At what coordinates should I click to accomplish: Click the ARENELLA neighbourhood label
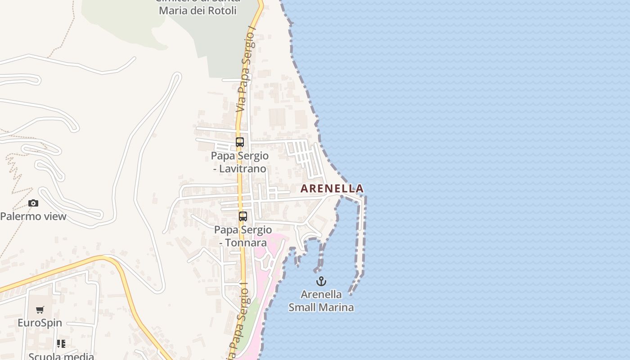click(x=332, y=188)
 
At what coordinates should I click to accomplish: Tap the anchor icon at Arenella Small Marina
click(x=321, y=282)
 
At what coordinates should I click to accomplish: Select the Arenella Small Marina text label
click(x=321, y=301)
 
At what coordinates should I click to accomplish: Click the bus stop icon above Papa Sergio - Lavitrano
click(x=240, y=142)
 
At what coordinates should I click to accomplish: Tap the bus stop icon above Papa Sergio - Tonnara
click(x=243, y=216)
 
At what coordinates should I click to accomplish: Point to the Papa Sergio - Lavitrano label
click(x=240, y=162)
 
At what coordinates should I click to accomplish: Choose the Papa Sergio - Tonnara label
click(x=243, y=236)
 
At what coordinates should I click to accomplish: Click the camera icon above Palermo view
click(x=33, y=203)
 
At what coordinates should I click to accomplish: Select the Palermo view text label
click(x=33, y=216)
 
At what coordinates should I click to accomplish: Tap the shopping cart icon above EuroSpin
click(x=40, y=310)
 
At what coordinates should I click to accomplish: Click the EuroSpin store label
click(x=40, y=323)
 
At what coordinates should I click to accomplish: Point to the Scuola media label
click(x=61, y=356)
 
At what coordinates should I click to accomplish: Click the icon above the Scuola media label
click(x=61, y=344)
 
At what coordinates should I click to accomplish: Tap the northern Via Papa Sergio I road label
click(x=246, y=72)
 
